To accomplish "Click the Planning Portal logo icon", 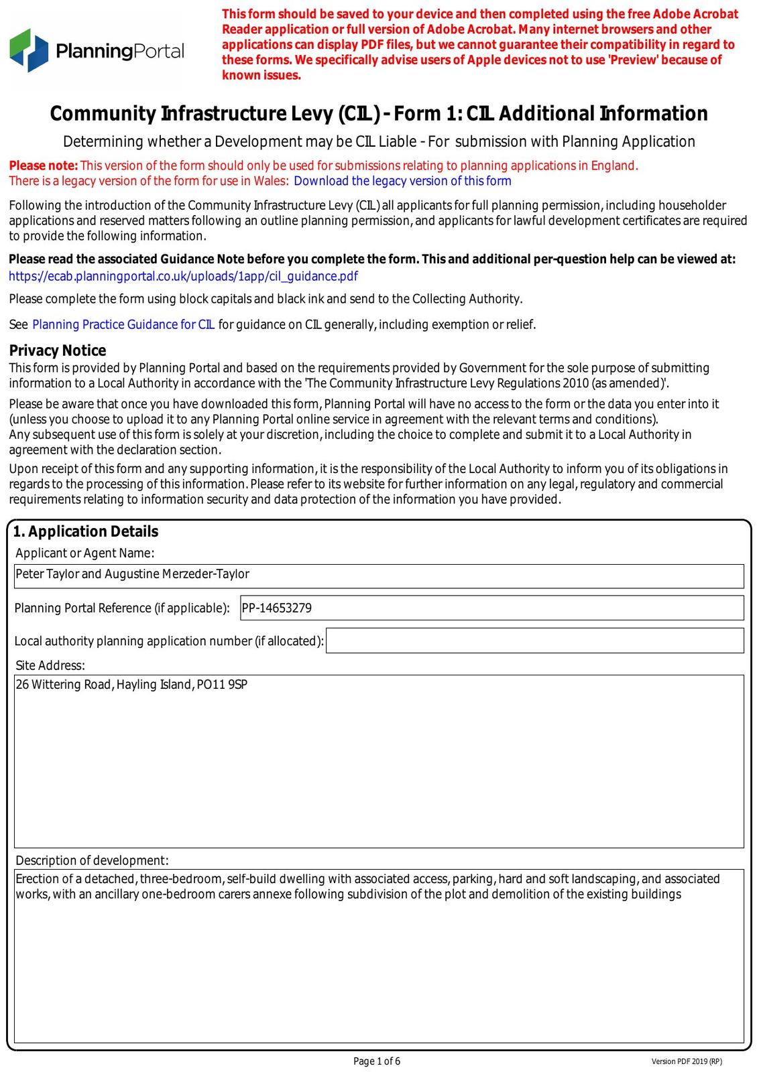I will (30, 50).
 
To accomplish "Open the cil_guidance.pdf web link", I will (183, 276).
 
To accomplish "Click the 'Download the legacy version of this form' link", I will (402, 181).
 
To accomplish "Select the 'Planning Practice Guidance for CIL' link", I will (123, 325).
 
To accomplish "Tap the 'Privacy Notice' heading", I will (58, 350).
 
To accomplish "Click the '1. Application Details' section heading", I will (86, 531).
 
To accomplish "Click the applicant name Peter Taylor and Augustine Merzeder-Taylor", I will (132, 574).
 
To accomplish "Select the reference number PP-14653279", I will (277, 608).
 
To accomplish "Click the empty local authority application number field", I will (534, 641).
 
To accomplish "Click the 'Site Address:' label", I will (50, 665).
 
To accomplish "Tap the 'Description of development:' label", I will (92, 860).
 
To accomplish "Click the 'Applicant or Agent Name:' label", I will (85, 553).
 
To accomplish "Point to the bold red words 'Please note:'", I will (44, 165).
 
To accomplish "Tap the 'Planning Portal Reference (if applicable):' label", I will (122, 608).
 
